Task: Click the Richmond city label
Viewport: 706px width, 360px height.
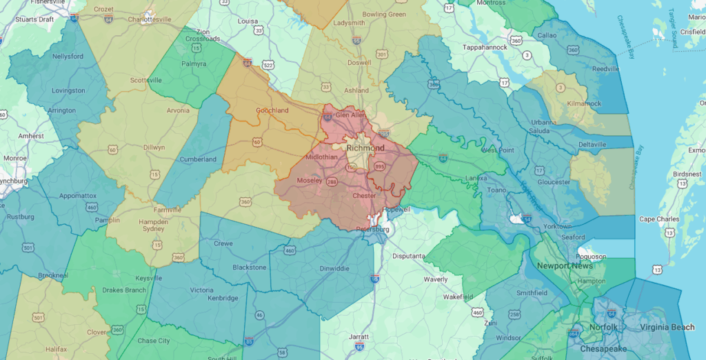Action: click(x=365, y=148)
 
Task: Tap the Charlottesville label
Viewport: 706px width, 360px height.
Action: click(x=156, y=19)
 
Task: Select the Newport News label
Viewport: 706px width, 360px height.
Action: click(x=563, y=266)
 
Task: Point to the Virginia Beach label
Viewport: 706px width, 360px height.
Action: click(x=667, y=328)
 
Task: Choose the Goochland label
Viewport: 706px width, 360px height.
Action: click(x=272, y=110)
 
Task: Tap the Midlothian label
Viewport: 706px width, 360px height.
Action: click(x=321, y=157)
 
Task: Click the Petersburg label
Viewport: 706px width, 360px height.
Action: click(x=373, y=228)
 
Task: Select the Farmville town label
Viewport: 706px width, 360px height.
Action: click(x=168, y=210)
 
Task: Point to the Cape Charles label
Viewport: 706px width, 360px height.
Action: click(x=660, y=219)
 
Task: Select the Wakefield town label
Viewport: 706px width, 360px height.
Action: click(x=458, y=297)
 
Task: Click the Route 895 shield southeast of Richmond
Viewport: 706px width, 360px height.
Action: click(x=379, y=166)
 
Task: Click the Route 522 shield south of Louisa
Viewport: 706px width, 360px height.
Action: click(x=268, y=65)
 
